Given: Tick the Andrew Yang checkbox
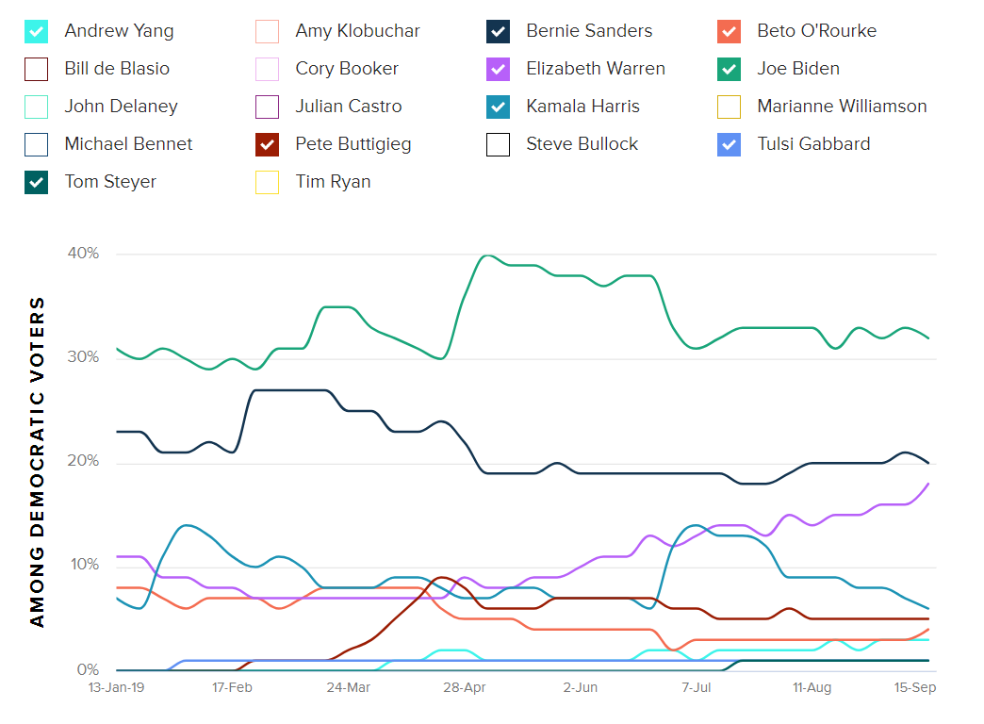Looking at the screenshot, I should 36,31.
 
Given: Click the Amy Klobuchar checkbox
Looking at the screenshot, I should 268,31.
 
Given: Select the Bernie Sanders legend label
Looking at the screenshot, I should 590,31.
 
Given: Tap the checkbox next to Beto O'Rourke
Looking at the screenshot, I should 729,31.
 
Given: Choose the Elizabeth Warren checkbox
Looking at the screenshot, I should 499,69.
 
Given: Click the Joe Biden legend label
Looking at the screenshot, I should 797,69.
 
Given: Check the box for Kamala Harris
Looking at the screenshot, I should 499,107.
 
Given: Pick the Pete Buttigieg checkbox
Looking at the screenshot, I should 268,144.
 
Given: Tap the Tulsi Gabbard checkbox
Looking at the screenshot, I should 729,144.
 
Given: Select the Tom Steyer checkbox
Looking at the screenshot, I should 36,182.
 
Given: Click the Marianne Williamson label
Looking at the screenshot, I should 842,107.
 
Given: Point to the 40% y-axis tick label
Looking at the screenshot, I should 82,254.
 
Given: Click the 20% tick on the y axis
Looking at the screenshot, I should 82,462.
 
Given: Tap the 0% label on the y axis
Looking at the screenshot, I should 87,670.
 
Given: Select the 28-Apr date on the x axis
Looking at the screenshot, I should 465,688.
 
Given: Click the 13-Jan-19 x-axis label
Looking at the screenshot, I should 116,688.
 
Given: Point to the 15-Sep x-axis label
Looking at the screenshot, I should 914,688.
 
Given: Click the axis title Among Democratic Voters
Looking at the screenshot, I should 37,462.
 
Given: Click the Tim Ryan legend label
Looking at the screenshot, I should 333,182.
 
